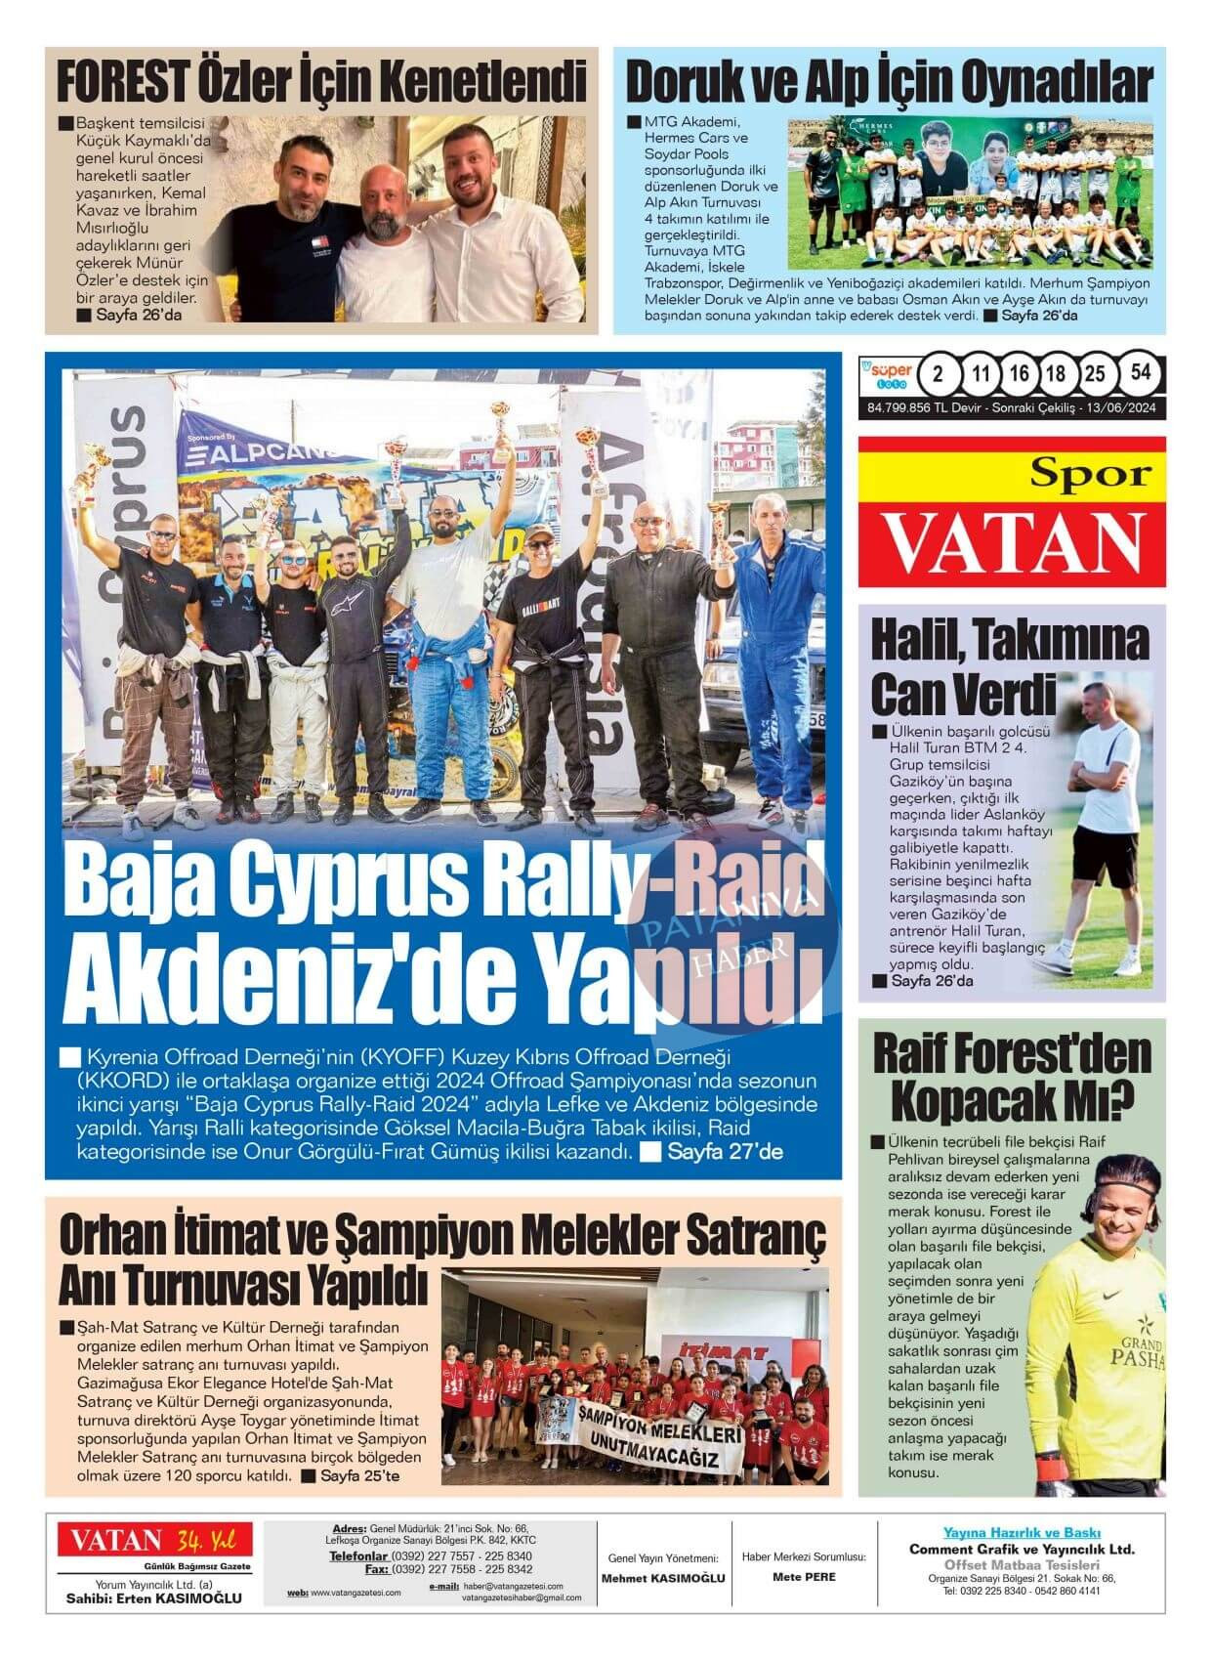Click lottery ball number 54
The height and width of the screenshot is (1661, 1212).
point(1140,373)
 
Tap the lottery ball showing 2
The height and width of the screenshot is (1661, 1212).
point(939,374)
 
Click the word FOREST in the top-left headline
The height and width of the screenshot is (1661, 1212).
point(122,82)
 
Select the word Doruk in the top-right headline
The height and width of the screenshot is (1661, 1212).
point(684,82)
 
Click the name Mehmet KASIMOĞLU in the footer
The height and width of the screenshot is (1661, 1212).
point(662,1578)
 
